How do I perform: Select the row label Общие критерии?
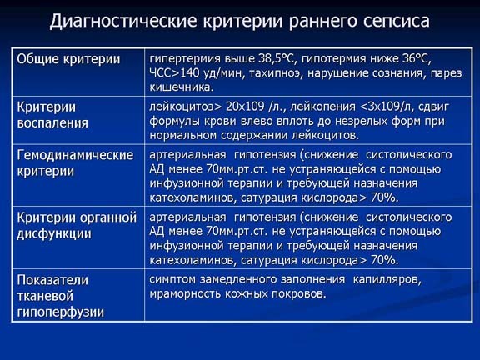pos(69,59)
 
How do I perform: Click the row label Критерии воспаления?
pos(52,115)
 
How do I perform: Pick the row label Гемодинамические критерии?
pos(76,163)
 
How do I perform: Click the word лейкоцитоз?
pos(181,107)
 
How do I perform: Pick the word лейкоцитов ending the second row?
pos(329,134)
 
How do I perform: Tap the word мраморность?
pos(187,293)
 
